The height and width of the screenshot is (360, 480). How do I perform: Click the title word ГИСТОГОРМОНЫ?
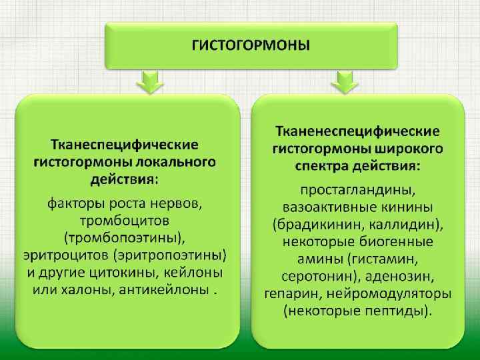point(251,45)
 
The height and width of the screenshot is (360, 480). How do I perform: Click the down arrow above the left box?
point(150,83)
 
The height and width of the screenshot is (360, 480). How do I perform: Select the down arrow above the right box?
point(345,83)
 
